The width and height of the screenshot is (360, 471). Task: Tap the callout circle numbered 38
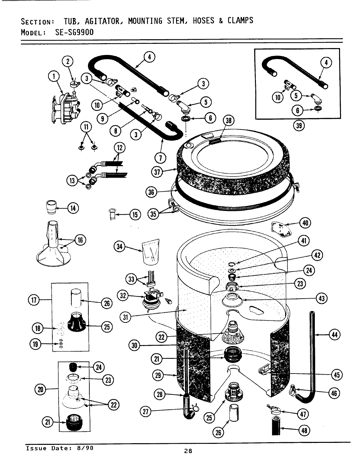[x=228, y=121]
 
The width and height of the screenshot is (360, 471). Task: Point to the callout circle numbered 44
[x=334, y=334]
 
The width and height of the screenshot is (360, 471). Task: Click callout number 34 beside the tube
[x=120, y=246]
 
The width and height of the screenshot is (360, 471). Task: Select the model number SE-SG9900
[x=70, y=32]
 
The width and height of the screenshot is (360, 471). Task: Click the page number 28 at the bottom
[x=188, y=451]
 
